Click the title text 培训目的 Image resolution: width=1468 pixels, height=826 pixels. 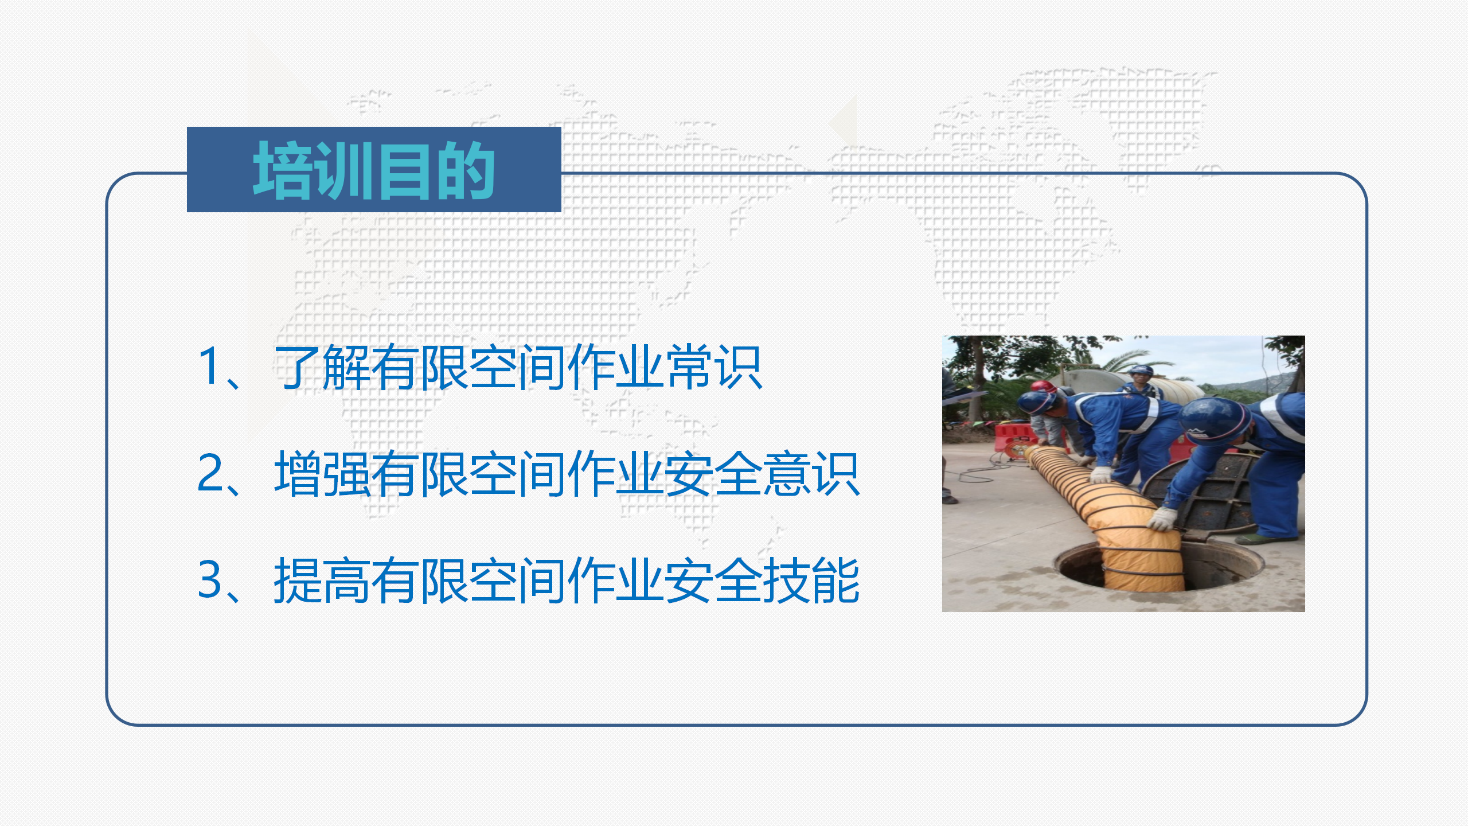click(374, 170)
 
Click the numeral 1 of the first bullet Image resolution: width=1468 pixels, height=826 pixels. click(207, 365)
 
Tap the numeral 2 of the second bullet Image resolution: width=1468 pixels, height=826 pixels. click(210, 472)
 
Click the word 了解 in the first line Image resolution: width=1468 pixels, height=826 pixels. click(323, 367)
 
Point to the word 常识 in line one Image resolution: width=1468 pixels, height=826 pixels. click(715, 367)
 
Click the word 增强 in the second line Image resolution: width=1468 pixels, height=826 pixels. click(323, 474)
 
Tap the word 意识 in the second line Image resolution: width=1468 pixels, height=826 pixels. click(811, 474)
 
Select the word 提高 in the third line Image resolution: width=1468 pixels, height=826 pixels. click(323, 580)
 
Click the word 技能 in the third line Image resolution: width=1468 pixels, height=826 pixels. click(811, 580)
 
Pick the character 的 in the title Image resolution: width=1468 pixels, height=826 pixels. click(465, 170)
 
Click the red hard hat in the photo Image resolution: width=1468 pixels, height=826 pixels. click(1045, 387)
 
